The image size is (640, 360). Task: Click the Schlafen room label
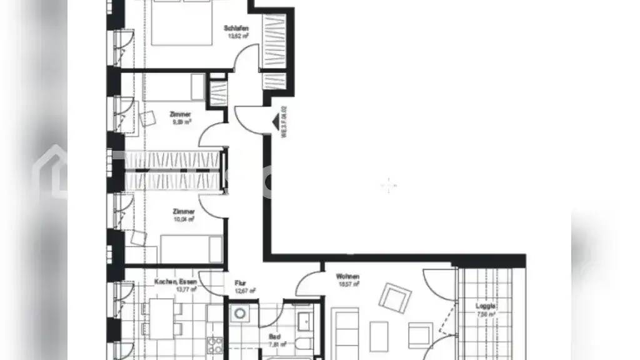(x=237, y=28)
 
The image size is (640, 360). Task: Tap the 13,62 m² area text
(x=237, y=36)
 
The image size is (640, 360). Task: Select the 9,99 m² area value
(x=181, y=122)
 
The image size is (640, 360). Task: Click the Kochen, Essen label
(x=175, y=282)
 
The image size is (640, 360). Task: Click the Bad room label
(x=273, y=336)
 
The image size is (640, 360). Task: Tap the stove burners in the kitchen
(x=214, y=345)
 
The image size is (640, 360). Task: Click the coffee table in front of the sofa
(x=379, y=336)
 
